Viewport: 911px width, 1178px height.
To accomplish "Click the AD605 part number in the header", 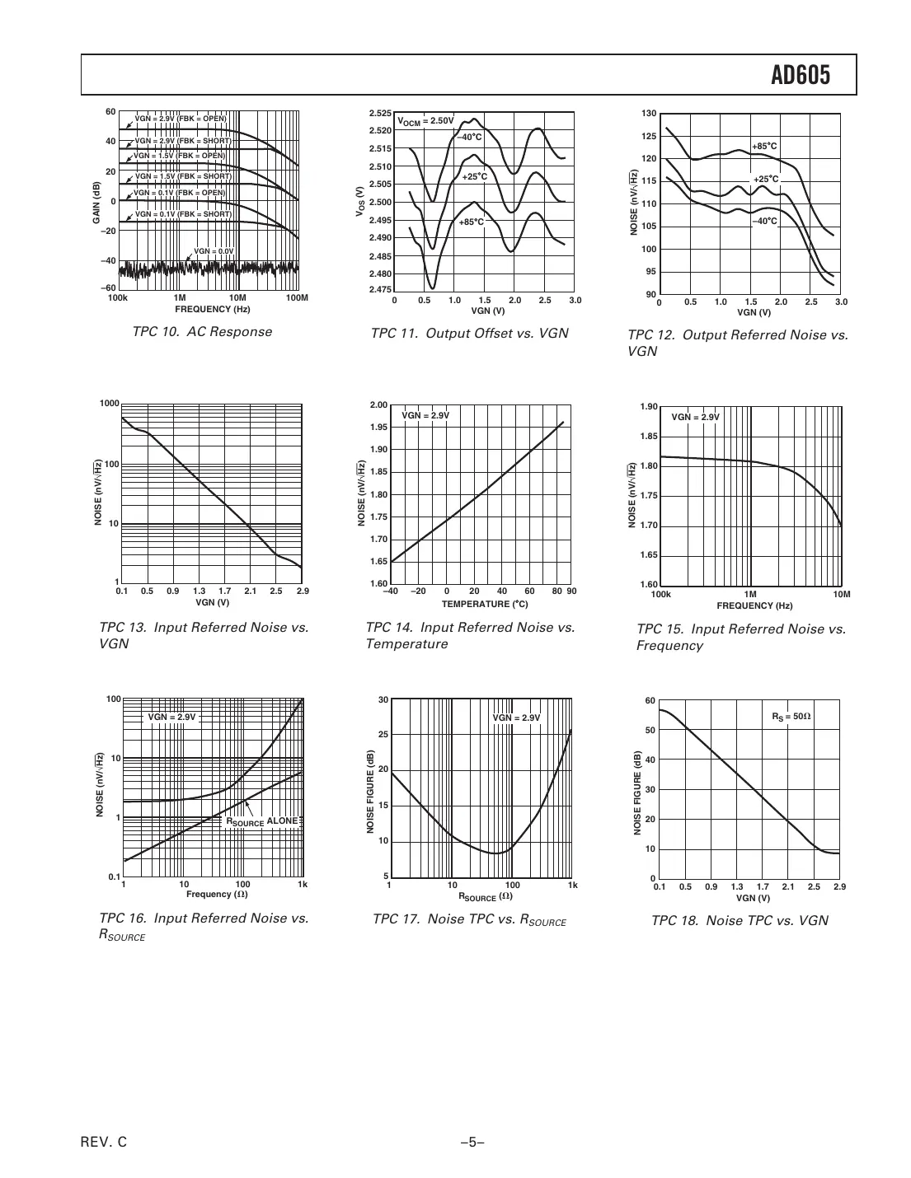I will click(800, 76).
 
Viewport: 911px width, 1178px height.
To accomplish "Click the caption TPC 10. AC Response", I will click(202, 332).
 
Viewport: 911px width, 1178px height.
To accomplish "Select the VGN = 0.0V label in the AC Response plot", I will click(214, 251).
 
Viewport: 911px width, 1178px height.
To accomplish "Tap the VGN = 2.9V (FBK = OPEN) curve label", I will click(180, 119).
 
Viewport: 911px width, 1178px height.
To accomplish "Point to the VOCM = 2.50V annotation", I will click(426, 121).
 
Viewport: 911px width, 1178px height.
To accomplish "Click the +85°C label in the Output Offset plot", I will click(472, 222).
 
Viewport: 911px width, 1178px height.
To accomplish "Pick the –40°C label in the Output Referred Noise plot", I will click(763, 221).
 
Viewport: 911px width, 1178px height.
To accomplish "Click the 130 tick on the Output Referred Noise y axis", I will click(648, 113).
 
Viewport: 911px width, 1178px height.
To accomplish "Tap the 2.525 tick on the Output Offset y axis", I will click(380, 113).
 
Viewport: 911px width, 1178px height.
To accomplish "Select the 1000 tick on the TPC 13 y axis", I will click(109, 404).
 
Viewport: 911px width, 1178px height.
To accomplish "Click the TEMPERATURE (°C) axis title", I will click(478, 604).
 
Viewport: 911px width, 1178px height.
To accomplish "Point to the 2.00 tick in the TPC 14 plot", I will click(378, 404).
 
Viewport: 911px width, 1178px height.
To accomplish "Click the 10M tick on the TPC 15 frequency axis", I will click(841, 594).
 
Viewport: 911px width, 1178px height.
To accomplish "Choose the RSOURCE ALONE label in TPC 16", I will click(261, 821).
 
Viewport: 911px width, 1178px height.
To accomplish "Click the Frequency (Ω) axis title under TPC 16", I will click(217, 895).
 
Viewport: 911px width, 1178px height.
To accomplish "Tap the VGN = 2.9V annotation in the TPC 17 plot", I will click(516, 718).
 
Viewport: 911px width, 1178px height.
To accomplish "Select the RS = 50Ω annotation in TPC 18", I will click(791, 717).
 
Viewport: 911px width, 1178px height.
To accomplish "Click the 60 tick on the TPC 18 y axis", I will click(650, 701).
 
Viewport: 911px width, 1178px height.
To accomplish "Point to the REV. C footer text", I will click(105, 1142).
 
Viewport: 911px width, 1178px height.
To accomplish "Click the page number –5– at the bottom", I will click(472, 1142).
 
